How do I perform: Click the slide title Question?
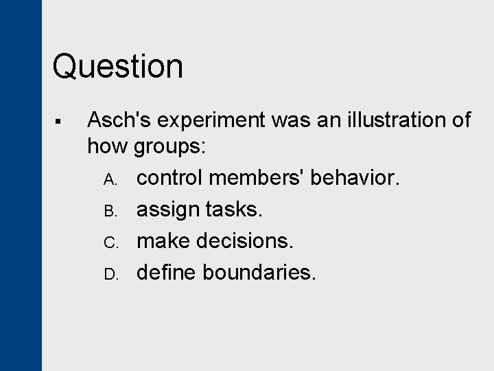117,67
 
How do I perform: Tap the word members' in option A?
257,178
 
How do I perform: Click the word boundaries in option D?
260,272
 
